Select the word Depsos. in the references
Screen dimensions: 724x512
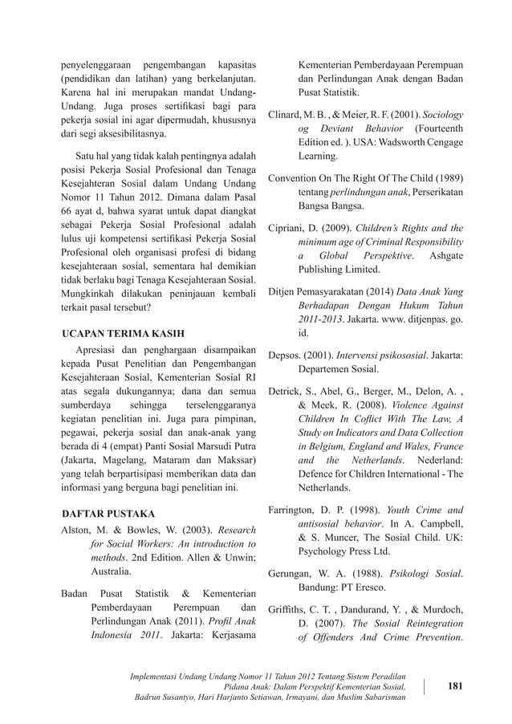287,355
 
